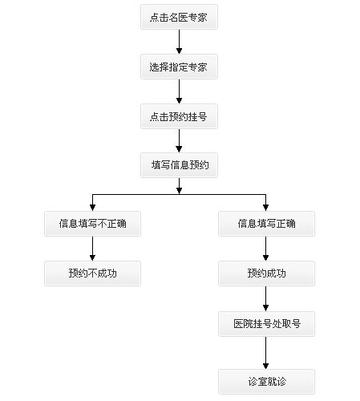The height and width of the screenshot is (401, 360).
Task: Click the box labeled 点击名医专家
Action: click(x=179, y=17)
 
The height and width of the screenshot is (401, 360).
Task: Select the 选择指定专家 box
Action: click(x=179, y=67)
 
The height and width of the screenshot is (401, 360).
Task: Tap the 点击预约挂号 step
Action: click(x=179, y=116)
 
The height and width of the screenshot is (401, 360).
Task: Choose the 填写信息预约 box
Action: click(x=179, y=165)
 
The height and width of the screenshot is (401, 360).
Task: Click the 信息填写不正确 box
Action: click(x=92, y=224)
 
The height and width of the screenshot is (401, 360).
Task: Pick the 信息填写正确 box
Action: click(x=266, y=224)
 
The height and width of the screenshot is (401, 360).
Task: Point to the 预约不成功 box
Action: click(x=92, y=273)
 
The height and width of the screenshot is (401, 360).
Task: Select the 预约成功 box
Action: click(x=266, y=273)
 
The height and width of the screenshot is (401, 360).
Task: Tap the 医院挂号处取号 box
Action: click(x=266, y=324)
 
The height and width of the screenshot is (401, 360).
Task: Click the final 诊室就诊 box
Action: click(x=266, y=382)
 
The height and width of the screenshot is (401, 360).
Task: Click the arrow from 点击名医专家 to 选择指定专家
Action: click(x=179, y=42)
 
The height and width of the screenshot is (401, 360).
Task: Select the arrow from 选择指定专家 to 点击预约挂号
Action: click(x=179, y=91)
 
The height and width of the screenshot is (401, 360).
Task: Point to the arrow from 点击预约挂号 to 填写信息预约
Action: click(x=179, y=140)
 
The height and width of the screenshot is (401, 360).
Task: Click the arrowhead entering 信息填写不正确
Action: click(x=92, y=208)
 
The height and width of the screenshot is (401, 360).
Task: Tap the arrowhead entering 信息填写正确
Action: click(x=265, y=208)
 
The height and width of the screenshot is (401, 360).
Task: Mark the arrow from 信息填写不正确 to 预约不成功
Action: click(x=92, y=249)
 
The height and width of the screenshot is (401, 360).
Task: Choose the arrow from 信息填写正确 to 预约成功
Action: click(x=265, y=249)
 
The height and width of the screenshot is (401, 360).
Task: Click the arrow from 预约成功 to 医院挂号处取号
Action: click(x=265, y=298)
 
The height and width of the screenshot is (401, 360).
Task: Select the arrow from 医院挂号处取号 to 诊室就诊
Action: click(x=265, y=353)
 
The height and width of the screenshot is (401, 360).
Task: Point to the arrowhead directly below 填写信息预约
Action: click(x=179, y=191)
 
